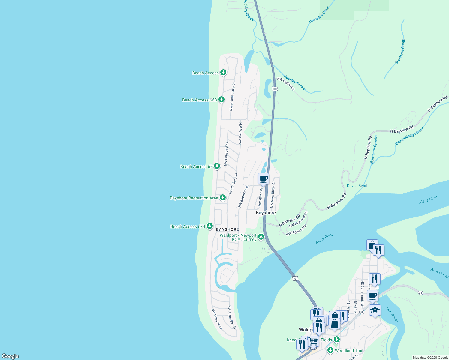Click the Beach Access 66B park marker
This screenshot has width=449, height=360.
click(221, 99)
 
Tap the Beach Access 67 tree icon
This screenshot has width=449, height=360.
click(217, 166)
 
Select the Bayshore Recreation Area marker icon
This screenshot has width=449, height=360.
click(222, 197)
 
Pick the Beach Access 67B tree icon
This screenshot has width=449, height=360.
click(210, 226)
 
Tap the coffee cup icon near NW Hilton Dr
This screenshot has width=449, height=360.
click(263, 179)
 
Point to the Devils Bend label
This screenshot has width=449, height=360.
click(357, 186)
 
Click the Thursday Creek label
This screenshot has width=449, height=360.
click(319, 15)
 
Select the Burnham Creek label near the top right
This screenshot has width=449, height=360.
click(400, 52)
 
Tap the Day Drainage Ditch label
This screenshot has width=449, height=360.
click(409, 136)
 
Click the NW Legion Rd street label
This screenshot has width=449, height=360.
click(286, 84)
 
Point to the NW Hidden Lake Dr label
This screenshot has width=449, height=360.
click(232, 97)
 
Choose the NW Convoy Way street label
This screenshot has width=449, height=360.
click(226, 154)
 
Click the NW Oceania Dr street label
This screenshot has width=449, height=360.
click(217, 319)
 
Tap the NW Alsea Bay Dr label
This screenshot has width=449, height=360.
click(232, 317)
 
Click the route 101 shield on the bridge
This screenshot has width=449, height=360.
click(295, 279)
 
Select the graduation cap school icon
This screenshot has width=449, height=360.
click(375, 310)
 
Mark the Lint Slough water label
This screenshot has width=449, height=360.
click(392, 314)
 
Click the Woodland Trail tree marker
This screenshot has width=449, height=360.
click(330, 350)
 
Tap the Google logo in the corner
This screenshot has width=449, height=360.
click(10, 356)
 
